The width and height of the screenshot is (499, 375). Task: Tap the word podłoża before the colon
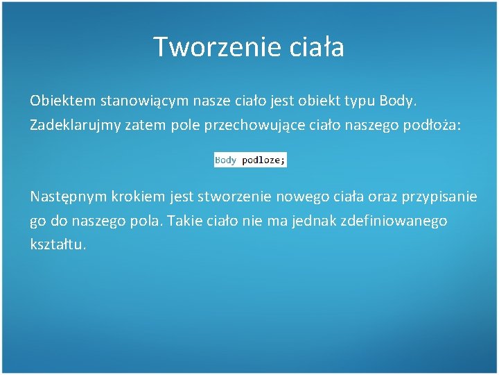pos(430,126)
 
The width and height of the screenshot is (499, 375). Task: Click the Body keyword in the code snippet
pos(226,160)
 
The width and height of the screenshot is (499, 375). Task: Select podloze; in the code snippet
pos(263,160)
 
